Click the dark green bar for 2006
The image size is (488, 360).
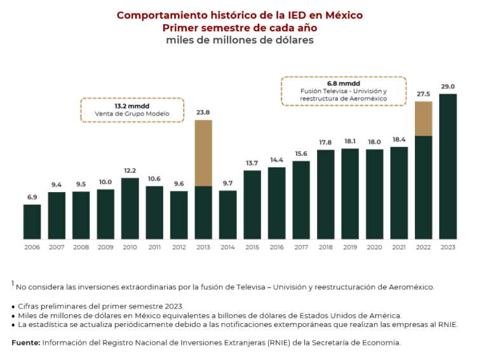[32, 221]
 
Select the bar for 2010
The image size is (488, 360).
[130, 208]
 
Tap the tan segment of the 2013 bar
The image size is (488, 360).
[203, 153]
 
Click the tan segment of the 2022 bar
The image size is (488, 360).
[423, 118]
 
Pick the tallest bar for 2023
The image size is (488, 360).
[447, 166]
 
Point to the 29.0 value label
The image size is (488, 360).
[447, 87]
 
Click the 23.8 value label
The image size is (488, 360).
[203, 113]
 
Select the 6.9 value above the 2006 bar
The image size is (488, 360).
[32, 197]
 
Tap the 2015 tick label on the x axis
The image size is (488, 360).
[252, 247]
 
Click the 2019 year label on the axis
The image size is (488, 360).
[350, 247]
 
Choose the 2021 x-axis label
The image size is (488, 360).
[398, 247]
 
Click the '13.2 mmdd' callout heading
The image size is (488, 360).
[132, 105]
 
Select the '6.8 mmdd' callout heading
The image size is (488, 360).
[343, 83]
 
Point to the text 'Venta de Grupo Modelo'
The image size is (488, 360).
[132, 114]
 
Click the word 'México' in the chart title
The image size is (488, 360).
[341, 15]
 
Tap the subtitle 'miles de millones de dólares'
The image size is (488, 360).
[240, 40]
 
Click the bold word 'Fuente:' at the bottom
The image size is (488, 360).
[25, 342]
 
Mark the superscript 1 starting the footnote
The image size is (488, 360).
[12, 283]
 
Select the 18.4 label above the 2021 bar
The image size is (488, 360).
[398, 139]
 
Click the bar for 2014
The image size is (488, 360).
[227, 214]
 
